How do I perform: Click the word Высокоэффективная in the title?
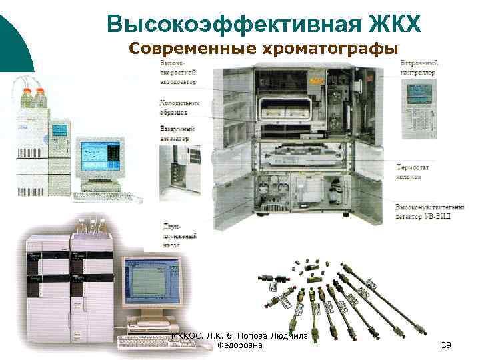coord(219,25)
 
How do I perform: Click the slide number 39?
coord(447,345)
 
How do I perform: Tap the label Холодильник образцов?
coord(178,108)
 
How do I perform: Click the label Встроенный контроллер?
coord(419,67)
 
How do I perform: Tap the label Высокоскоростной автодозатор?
coord(177,71)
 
